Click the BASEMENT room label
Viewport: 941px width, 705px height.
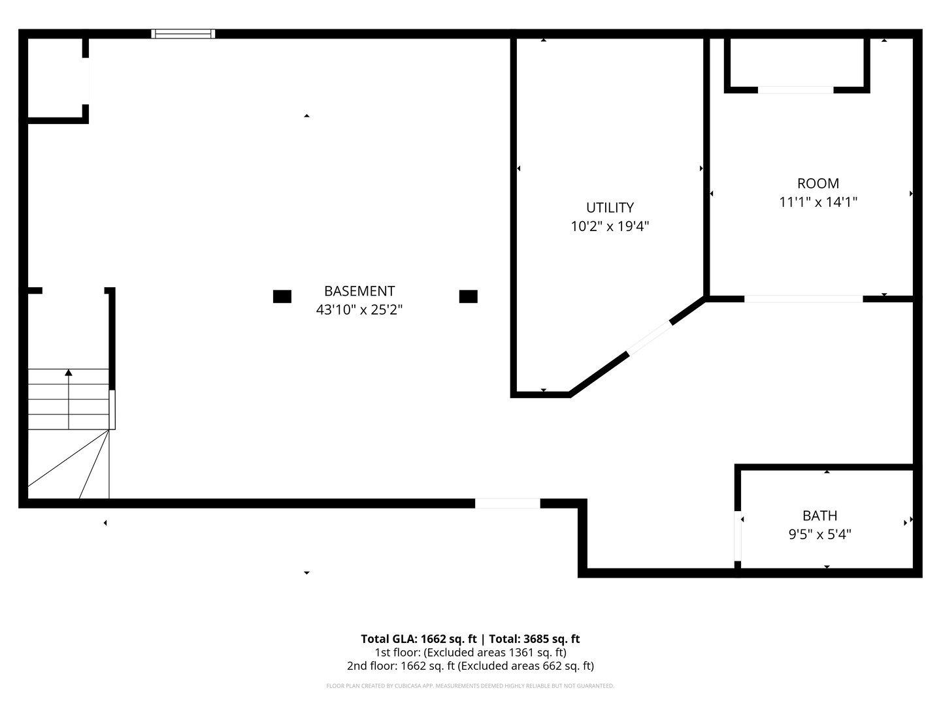pyautogui.click(x=359, y=291)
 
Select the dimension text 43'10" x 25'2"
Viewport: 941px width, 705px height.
pyautogui.click(x=359, y=310)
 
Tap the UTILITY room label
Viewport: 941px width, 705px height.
pyautogui.click(x=610, y=208)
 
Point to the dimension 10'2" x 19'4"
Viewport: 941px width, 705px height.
pyautogui.click(x=610, y=227)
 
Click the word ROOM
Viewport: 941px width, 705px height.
pyautogui.click(x=818, y=183)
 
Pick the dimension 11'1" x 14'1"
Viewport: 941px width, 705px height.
pyautogui.click(x=818, y=202)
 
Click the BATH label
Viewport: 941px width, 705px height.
pyautogui.click(x=820, y=516)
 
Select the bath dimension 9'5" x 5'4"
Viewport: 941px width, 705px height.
pyautogui.click(x=820, y=535)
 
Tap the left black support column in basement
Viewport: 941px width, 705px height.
pyautogui.click(x=282, y=296)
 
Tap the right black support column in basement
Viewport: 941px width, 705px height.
pyautogui.click(x=468, y=296)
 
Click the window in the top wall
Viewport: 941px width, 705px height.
pyautogui.click(x=183, y=34)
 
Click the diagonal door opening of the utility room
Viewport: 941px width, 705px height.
pyautogui.click(x=650, y=337)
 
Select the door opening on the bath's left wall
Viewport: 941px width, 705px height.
pyautogui.click(x=738, y=536)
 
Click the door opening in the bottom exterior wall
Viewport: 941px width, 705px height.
pyautogui.click(x=507, y=503)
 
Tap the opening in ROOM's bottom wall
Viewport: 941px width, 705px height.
pyautogui.click(x=803, y=299)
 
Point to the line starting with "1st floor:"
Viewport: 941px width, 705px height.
pyautogui.click(x=470, y=652)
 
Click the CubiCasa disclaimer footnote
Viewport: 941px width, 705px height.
pyautogui.click(x=470, y=686)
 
